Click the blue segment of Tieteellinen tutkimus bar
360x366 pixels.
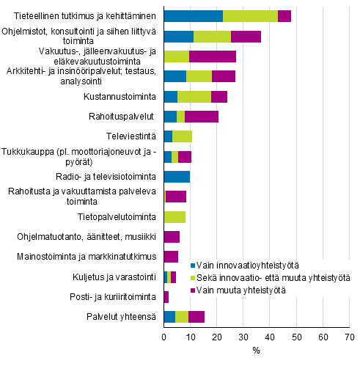point(193,16)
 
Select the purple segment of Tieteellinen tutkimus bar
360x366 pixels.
point(284,16)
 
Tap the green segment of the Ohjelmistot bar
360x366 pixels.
point(212,37)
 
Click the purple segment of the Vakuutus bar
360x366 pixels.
point(213,56)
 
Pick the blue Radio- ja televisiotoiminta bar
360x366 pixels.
point(177,176)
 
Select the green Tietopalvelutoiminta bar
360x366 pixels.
point(175,216)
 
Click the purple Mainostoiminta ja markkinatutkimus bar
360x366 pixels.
point(171,257)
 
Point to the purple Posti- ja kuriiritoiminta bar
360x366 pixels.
point(166,297)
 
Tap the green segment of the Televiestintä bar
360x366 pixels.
point(182,136)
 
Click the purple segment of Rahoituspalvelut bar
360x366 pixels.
point(202,116)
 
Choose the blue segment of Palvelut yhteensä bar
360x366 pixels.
point(169,317)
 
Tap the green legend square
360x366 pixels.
point(193,278)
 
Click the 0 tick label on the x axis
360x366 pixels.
point(164,337)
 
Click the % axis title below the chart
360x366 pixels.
point(256,351)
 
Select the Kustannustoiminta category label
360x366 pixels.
point(121,96)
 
